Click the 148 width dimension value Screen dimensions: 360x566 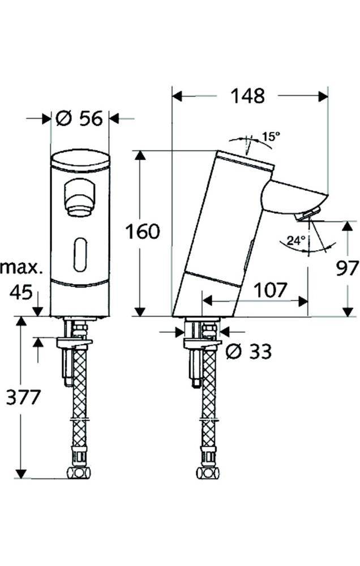(248, 96)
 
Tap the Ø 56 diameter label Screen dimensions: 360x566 (79, 118)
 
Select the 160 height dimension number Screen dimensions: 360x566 (142, 231)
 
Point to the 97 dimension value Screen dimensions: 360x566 (347, 268)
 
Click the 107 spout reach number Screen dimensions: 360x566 (270, 290)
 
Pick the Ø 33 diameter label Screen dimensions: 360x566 (248, 351)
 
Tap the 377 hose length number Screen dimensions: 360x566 (23, 397)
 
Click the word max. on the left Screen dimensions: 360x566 (21, 268)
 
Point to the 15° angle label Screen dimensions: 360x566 (271, 137)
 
